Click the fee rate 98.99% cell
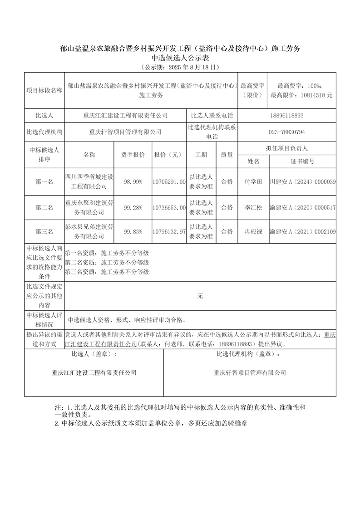coord(133,181)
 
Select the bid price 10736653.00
coord(170,207)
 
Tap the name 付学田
coord(253,181)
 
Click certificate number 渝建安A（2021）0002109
coord(302,232)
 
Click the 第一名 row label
coord(44,181)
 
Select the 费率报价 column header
coord(133,155)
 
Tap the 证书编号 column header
coord(302,161)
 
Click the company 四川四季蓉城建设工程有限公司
coord(89,181)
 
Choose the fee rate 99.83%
coord(133,232)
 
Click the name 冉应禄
coord(253,232)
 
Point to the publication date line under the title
coord(180,67)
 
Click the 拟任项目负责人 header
coord(286,148)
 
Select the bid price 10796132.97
coord(170,232)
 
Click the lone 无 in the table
coord(200,296)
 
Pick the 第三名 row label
coord(44,232)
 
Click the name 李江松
coord(253,207)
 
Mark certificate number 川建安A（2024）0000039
coord(302,181)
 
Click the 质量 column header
coord(227,155)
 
